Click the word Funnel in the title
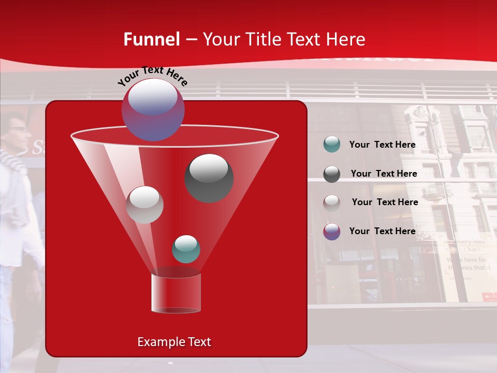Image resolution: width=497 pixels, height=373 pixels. click(152, 39)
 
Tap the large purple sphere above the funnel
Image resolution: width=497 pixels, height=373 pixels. click(153, 109)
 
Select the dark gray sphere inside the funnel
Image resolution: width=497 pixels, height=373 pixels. click(209, 178)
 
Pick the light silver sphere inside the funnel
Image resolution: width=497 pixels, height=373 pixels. click(144, 205)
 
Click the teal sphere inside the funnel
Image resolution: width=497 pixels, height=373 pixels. click(186, 249)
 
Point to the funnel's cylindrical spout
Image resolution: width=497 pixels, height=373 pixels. click(176, 293)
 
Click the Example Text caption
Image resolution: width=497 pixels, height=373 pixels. click(174, 342)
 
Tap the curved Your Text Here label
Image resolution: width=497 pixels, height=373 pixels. click(152, 76)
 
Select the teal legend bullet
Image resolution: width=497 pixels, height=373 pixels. click(331, 145)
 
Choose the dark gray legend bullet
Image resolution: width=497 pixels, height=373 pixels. click(331, 174)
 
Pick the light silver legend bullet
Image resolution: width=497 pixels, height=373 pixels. click(331, 203)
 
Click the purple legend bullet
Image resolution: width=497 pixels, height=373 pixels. click(331, 232)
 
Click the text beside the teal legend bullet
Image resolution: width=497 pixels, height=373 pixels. click(382, 145)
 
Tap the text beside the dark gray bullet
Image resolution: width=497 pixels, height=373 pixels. click(384, 174)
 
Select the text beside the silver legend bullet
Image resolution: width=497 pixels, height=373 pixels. click(385, 202)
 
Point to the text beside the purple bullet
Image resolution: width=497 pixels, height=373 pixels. click(382, 231)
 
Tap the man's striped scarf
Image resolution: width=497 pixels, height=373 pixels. click(13, 161)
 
